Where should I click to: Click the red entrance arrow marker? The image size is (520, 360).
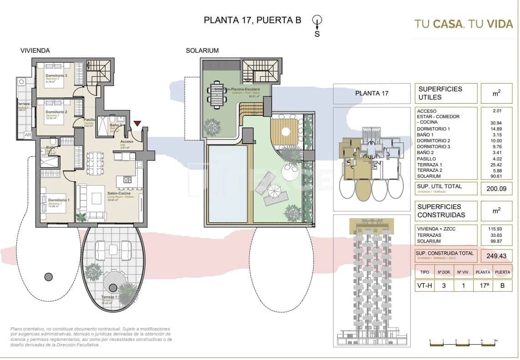(x=137, y=123)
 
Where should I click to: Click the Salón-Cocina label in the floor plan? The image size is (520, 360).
(x=116, y=193)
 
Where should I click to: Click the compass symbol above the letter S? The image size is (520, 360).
(x=318, y=20)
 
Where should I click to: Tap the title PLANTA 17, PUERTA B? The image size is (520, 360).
(x=252, y=20)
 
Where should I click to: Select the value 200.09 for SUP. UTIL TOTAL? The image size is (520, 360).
(x=496, y=189)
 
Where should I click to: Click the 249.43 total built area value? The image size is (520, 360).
(x=496, y=255)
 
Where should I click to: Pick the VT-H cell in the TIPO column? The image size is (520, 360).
(x=424, y=286)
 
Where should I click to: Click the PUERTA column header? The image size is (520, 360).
(x=502, y=272)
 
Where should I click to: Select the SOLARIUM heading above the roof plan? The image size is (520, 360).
(x=202, y=50)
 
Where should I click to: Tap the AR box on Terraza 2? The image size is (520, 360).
(x=27, y=135)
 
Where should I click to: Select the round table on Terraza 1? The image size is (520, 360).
(x=113, y=287)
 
